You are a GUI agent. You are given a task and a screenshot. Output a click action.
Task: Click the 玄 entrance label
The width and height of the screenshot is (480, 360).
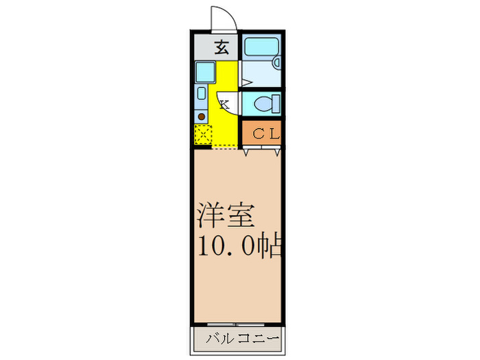point(221,47)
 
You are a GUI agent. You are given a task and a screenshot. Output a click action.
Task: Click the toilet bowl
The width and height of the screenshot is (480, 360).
point(261,104)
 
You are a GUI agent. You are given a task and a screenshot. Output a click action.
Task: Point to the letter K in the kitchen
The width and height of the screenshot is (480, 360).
point(224,104)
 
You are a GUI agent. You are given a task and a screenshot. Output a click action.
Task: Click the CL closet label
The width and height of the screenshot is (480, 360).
point(261,134)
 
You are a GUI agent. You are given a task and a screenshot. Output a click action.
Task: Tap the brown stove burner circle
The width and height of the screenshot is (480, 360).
point(202,117)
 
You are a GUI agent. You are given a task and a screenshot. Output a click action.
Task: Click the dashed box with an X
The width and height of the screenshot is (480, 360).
point(202,134)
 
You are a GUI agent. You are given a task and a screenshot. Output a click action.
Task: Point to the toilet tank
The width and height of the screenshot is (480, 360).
point(275,104)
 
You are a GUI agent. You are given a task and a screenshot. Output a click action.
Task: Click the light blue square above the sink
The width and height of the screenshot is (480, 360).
point(204,71)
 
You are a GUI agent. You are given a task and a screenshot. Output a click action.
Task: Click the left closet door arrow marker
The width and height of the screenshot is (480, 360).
point(246,152)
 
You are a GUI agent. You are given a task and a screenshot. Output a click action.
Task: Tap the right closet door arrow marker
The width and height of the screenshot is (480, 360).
point(276,152)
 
